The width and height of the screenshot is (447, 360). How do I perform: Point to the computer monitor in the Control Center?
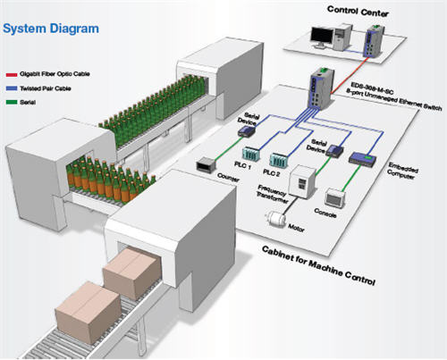pyautogui.click(x=319, y=37)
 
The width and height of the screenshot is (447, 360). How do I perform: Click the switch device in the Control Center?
pyautogui.click(x=372, y=37)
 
